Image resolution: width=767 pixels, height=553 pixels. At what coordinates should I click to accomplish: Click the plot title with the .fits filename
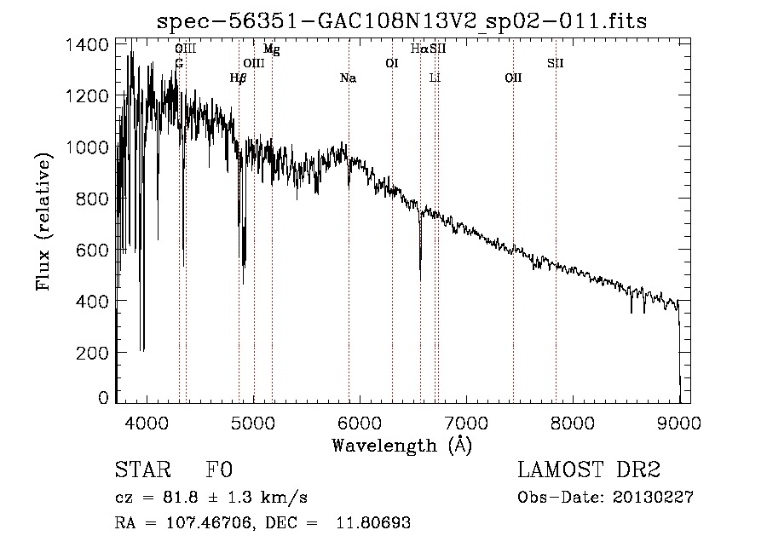point(402,21)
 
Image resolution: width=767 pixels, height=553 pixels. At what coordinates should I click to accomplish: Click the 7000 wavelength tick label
point(466,422)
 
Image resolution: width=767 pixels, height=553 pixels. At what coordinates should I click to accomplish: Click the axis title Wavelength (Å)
point(401,445)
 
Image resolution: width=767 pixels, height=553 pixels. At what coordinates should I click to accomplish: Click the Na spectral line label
point(348,78)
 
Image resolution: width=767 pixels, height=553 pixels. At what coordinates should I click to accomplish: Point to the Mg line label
point(271,49)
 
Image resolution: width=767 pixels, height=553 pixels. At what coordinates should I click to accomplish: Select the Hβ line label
point(238,78)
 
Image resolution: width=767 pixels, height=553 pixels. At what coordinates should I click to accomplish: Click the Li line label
point(435,78)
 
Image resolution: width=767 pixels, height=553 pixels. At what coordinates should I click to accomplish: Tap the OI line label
point(392,63)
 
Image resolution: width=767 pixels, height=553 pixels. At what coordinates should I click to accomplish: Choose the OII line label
point(513,78)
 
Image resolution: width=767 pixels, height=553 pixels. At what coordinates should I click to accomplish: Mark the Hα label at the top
point(419,49)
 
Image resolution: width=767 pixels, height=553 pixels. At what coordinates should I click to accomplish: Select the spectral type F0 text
point(219,470)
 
